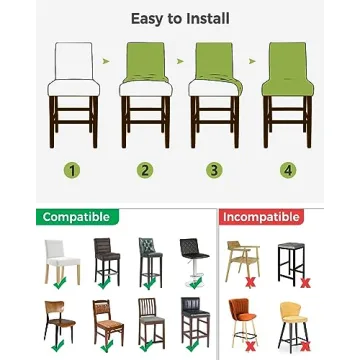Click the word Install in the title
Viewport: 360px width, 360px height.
pyautogui.click(x=208, y=19)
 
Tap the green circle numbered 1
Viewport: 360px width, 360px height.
pyautogui.click(x=72, y=170)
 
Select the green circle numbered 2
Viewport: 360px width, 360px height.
pyautogui.click(x=145, y=170)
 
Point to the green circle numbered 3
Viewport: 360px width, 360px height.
pyautogui.click(x=214, y=170)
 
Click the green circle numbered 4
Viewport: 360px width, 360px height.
pyautogui.click(x=288, y=170)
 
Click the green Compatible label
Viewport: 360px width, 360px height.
pyautogui.click(x=77, y=217)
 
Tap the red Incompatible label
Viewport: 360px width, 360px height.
pyautogui.click(x=261, y=217)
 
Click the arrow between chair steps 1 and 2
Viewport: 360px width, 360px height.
pyautogui.click(x=106, y=61)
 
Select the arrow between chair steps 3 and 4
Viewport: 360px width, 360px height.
pyautogui.click(x=252, y=61)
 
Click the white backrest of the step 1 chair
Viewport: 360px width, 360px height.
pyautogui.click(x=73, y=61)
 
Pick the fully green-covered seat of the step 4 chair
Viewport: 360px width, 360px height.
pyautogui.click(x=288, y=87)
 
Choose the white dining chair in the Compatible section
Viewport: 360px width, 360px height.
pyautogui.click(x=62, y=262)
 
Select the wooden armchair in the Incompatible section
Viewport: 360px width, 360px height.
pyautogui.click(x=242, y=261)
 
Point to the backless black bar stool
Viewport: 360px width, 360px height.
pyautogui.click(x=291, y=263)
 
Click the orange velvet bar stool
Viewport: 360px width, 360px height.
pyautogui.click(x=242, y=321)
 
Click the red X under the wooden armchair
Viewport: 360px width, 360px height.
pyautogui.click(x=250, y=283)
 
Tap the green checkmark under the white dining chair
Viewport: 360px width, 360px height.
pyautogui.click(x=60, y=283)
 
